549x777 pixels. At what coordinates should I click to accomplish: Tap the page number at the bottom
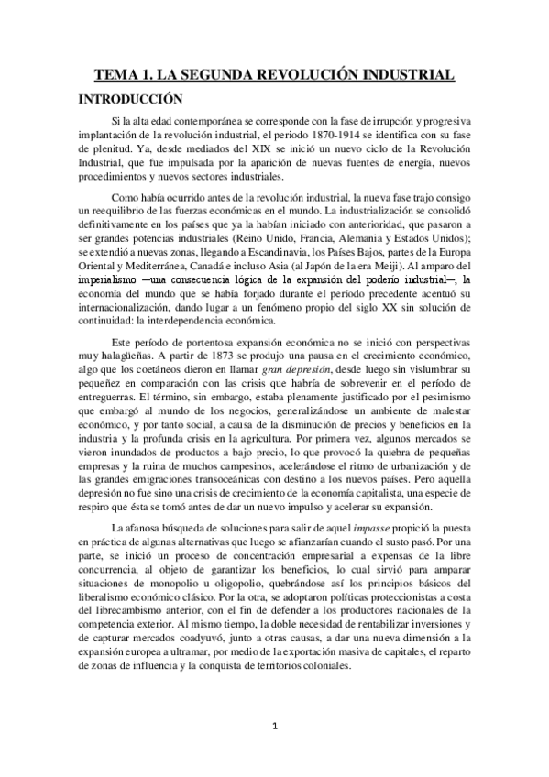(x=275, y=728)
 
